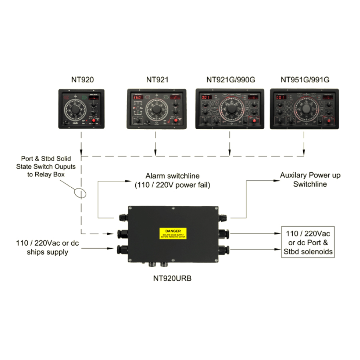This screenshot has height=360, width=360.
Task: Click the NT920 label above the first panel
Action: click(82, 80)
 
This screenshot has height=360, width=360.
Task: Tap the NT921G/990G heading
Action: click(230, 80)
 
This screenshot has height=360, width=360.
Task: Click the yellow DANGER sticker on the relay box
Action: click(173, 233)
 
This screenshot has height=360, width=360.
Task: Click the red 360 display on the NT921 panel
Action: click(137, 97)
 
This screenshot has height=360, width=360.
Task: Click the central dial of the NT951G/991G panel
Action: click(306, 109)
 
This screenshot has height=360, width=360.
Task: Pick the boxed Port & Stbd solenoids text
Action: click(308, 242)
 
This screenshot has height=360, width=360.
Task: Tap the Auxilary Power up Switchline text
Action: click(310, 180)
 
